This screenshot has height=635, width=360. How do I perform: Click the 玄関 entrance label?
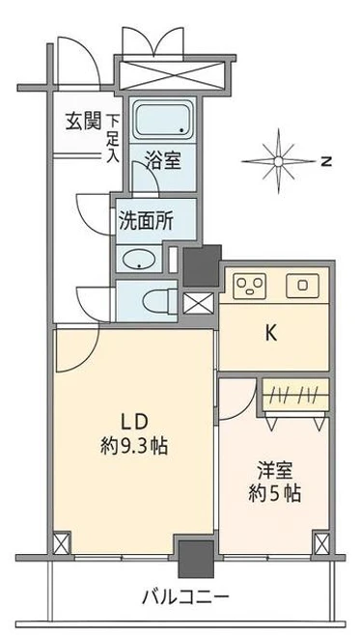click(x=83, y=122)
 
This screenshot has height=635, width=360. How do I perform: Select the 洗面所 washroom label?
click(x=146, y=221)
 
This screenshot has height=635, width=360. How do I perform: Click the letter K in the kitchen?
click(x=271, y=333)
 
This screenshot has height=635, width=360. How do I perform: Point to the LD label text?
click(x=134, y=423)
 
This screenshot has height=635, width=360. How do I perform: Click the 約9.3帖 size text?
click(x=134, y=447)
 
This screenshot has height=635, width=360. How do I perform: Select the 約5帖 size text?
click(x=274, y=494)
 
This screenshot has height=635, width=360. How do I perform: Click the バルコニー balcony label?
click(x=185, y=596)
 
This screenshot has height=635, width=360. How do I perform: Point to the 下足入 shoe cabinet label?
click(x=113, y=139)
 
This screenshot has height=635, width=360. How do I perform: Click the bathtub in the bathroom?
click(x=162, y=120)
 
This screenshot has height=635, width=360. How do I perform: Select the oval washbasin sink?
click(x=138, y=260)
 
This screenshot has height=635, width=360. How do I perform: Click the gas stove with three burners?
click(x=249, y=286)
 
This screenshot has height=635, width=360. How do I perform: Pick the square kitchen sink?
click(x=302, y=285)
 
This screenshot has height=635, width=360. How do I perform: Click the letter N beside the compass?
click(x=326, y=161)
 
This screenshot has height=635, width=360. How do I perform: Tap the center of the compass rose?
click(x=278, y=161)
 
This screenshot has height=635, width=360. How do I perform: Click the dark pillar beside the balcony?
click(x=196, y=559)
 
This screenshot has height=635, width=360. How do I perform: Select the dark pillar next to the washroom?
click(x=202, y=265)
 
